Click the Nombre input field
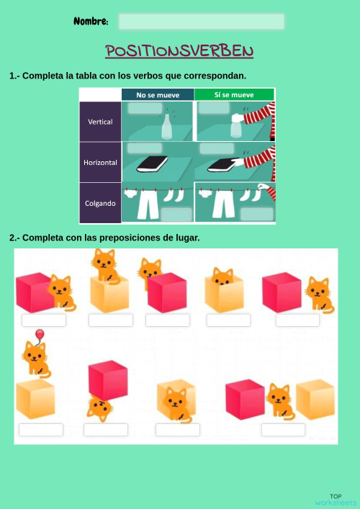pyautogui.click(x=201, y=22)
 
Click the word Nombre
pyautogui.click(x=91, y=22)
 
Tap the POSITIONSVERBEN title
pyautogui.click(x=179, y=51)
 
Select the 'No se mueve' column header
pyautogui.click(x=158, y=94)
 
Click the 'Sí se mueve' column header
pyautogui.click(x=234, y=94)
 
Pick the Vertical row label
pyautogui.click(x=100, y=122)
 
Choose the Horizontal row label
pyautogui.click(x=100, y=162)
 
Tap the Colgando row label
pyautogui.click(x=100, y=203)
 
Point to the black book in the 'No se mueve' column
pyautogui.click(x=152, y=164)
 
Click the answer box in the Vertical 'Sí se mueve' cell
pyautogui.click(x=214, y=108)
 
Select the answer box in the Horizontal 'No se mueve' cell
pyautogui.click(x=144, y=148)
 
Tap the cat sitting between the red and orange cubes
pyautogui.click(x=279, y=400)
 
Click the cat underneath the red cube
pyautogui.click(x=99, y=408)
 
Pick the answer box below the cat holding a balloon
pyautogui.click(x=41, y=430)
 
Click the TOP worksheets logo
pyautogui.click(x=336, y=499)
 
